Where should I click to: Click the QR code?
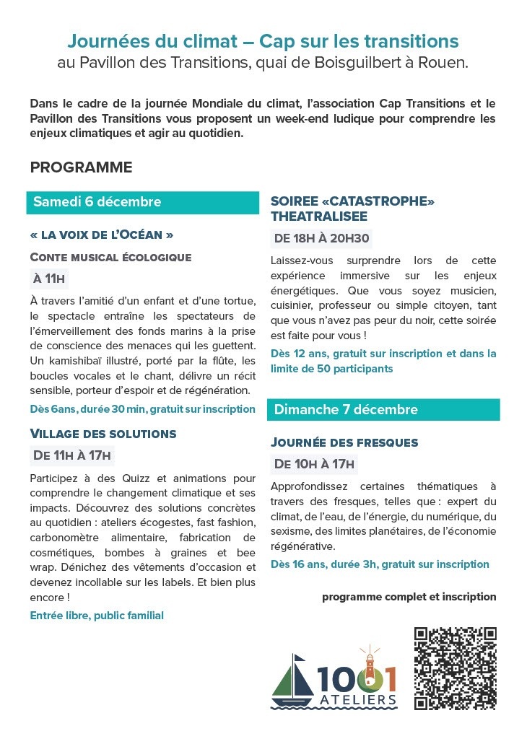click(x=456, y=668)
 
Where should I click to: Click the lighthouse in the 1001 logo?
click(x=370, y=668)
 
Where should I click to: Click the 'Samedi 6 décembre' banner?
click(x=142, y=202)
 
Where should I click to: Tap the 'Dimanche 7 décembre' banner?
click(x=383, y=409)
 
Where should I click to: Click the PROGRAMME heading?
click(x=82, y=167)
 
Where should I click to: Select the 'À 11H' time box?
click(x=50, y=279)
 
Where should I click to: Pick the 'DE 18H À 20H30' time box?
click(x=322, y=238)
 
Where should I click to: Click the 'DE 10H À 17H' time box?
click(x=315, y=463)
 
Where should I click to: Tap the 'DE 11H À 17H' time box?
click(x=72, y=455)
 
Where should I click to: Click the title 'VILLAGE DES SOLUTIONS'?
click(x=103, y=434)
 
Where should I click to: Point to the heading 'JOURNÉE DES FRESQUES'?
click(x=344, y=442)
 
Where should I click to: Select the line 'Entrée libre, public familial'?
click(x=97, y=616)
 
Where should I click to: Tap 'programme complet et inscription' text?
click(x=409, y=597)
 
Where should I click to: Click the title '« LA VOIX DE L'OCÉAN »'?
click(x=102, y=235)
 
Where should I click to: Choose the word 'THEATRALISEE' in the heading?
click(x=319, y=217)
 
